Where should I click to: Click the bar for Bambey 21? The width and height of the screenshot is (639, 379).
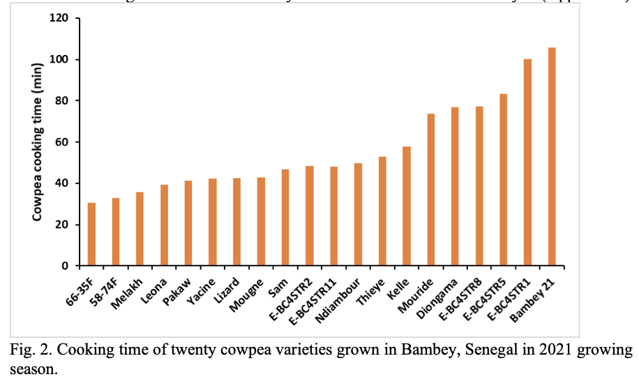pos(552,157)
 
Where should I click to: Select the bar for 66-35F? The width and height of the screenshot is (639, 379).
pos(91,234)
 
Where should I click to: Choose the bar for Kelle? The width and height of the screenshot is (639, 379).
pos(407,206)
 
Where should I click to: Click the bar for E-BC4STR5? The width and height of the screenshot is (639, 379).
pos(504,180)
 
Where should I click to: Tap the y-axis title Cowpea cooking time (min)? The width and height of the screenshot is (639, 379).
pos(40,142)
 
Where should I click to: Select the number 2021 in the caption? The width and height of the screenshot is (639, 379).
pos(534,349)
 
